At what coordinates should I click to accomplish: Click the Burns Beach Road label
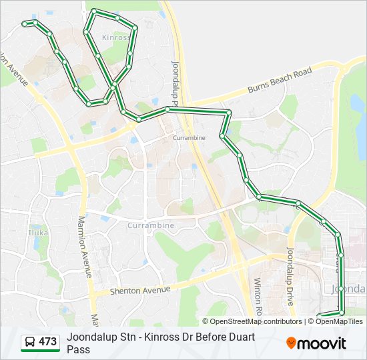click(x=280, y=80)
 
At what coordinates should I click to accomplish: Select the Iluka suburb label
click(x=37, y=233)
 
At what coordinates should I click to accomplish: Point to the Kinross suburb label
click(x=117, y=38)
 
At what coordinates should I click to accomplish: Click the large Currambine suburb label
click(x=150, y=225)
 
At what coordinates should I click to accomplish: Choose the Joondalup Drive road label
click(x=291, y=277)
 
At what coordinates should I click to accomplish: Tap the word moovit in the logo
click(x=322, y=344)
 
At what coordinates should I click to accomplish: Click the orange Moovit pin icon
click(x=291, y=343)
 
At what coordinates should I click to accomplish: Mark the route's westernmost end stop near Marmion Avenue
click(x=24, y=24)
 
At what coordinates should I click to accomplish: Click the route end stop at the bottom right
click(x=320, y=315)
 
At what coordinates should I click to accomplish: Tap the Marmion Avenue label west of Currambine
click(x=85, y=247)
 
